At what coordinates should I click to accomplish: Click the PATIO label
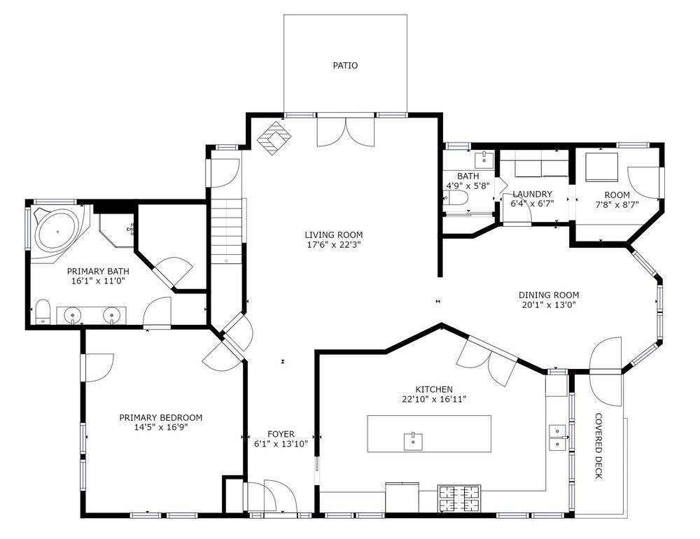pyautogui.click(x=345, y=66)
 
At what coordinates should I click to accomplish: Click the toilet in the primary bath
pyautogui.click(x=43, y=311)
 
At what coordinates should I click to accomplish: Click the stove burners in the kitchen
pyautogui.click(x=459, y=498)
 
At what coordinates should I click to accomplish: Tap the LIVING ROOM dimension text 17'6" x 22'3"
pyautogui.click(x=333, y=245)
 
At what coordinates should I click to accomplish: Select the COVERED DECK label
pyautogui.click(x=599, y=446)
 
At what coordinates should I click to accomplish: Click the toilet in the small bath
pyautogui.click(x=456, y=197)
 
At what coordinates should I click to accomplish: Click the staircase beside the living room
pyautogui.click(x=227, y=231)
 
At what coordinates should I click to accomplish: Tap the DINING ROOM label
pyautogui.click(x=549, y=295)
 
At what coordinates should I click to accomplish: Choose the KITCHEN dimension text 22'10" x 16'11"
pyautogui.click(x=434, y=399)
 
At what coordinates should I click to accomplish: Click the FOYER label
pyautogui.click(x=281, y=434)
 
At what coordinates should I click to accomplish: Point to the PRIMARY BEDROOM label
pyautogui.click(x=161, y=417)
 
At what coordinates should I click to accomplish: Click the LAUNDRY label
pyautogui.click(x=532, y=195)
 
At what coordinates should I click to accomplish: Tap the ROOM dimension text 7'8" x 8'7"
pyautogui.click(x=617, y=205)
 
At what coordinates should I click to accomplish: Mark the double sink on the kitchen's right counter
pyautogui.click(x=557, y=437)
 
